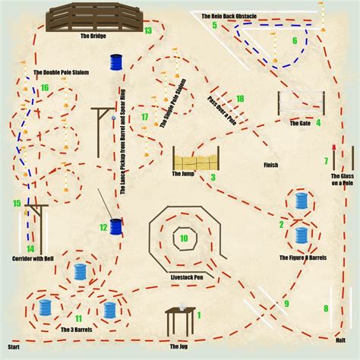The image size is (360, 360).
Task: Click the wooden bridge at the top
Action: click(94, 17)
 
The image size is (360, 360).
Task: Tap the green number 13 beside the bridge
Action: click(148, 30)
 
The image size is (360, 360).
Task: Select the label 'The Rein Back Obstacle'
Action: click(229, 16)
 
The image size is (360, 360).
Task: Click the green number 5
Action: click(215, 25)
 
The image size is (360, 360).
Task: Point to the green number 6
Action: click(295, 40)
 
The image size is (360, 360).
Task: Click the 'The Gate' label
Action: click(300, 123)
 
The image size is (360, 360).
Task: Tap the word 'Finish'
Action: click(271, 165)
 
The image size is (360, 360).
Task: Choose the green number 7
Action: click(326, 161)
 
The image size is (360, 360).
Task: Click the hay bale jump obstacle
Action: click(196, 158)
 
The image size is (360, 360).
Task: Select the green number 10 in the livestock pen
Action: click(184, 238)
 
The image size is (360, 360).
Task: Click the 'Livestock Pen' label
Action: click(187, 277)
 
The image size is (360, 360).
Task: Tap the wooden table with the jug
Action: click(181, 321)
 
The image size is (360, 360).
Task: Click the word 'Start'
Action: click(14, 347)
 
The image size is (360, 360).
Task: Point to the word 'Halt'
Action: click(340, 340)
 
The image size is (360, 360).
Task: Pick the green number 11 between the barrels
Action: click(78, 318)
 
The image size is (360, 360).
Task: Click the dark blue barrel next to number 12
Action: click(116, 227)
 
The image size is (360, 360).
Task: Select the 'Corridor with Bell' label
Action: click(33, 259)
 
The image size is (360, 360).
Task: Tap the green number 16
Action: click(45, 88)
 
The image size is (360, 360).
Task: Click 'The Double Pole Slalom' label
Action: click(62, 72)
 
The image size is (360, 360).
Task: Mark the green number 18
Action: click(240, 99)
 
